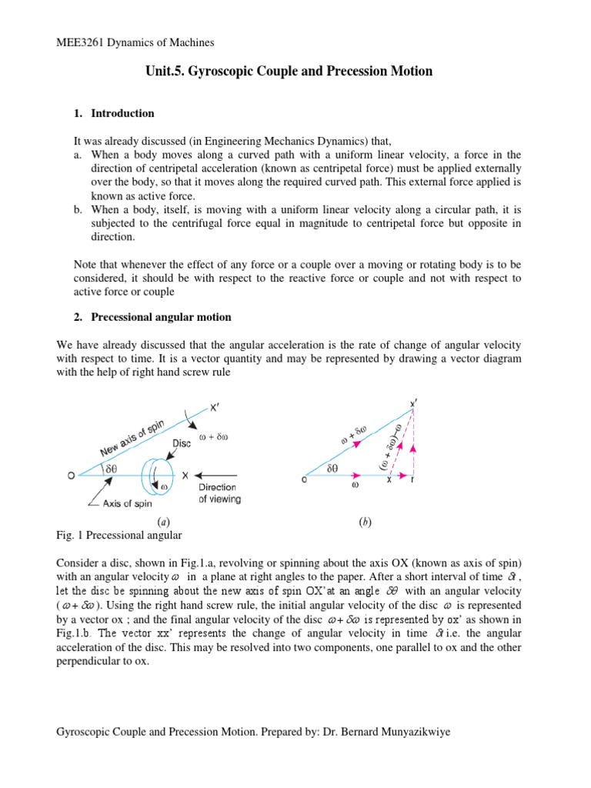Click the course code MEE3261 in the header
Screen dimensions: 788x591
[82, 42]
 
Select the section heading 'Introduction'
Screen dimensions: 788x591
[122, 113]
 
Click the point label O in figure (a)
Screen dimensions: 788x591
[71, 476]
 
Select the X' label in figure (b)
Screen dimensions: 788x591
[415, 403]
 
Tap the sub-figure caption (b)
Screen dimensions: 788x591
[365, 523]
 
